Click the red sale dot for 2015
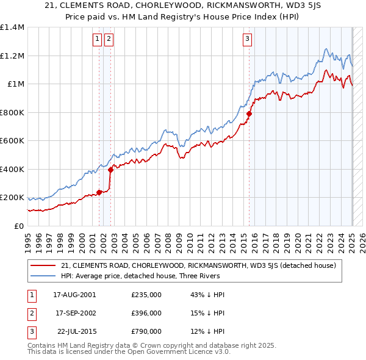tap(249, 113)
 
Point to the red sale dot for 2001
tap(99, 193)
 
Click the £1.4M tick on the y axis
tap(12, 27)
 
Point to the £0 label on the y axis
tap(20, 226)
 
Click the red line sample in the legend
tap(43, 265)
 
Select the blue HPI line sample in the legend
tap(43, 276)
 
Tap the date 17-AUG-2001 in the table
tap(74, 295)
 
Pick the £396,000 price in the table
tap(146, 313)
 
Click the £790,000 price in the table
tap(146, 331)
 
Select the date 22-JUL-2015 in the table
tap(77, 331)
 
